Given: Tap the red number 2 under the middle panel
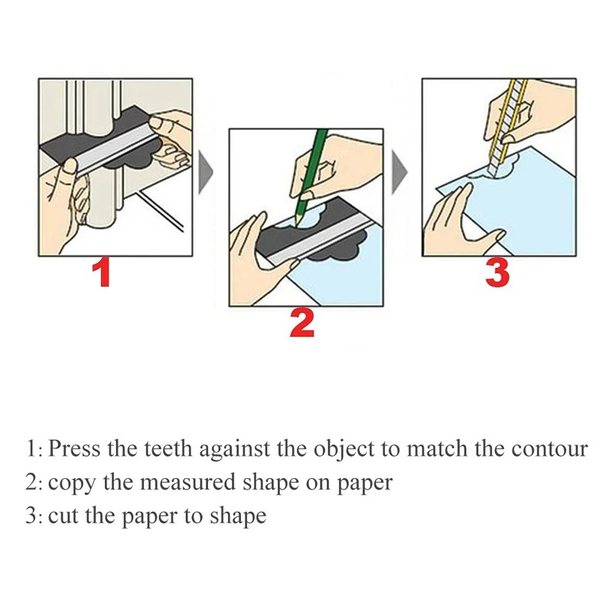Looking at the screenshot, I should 301,324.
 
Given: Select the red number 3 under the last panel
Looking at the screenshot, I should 498,273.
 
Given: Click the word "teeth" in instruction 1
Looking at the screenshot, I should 164,448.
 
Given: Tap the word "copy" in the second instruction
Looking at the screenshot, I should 66,483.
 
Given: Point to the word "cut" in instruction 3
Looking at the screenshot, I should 61,516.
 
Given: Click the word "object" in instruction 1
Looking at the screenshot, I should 342,449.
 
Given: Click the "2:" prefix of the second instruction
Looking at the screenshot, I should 34,482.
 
